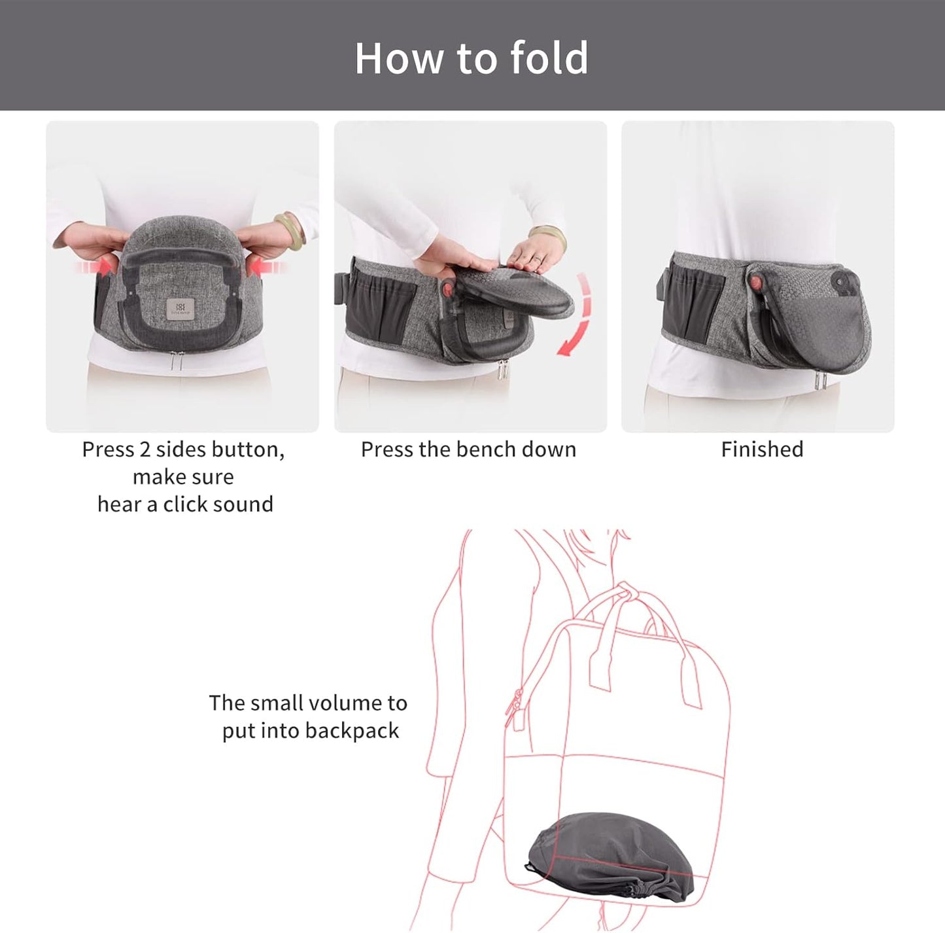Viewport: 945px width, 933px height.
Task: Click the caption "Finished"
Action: click(762, 449)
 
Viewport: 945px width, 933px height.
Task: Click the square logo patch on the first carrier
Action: click(180, 308)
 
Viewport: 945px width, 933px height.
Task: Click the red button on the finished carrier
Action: click(755, 283)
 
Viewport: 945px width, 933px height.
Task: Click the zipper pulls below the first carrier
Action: click(175, 361)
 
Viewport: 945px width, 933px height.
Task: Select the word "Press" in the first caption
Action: click(108, 449)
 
